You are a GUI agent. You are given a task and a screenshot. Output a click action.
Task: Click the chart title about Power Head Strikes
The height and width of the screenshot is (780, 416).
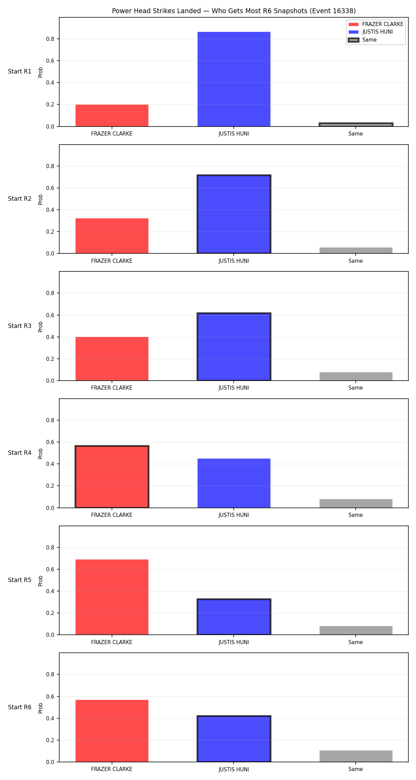point(234,11)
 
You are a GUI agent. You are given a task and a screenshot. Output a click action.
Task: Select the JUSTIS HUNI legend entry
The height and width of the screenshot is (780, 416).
point(371,32)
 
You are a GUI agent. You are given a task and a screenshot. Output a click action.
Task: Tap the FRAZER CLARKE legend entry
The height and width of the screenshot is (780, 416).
point(376,24)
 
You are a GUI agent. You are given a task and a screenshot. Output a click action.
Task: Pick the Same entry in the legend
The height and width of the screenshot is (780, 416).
point(362,40)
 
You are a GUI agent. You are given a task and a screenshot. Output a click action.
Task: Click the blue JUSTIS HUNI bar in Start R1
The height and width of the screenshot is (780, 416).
point(234,79)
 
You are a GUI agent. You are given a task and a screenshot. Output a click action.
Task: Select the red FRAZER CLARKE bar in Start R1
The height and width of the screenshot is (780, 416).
point(112,115)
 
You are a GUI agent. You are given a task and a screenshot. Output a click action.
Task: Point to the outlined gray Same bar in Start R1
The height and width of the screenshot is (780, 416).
point(356,125)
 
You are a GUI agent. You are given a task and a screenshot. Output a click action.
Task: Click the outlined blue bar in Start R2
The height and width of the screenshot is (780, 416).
point(234,214)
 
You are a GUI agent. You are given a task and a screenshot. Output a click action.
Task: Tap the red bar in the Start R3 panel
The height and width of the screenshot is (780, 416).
point(112,359)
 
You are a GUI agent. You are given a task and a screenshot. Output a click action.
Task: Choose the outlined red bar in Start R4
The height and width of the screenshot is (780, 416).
point(112,477)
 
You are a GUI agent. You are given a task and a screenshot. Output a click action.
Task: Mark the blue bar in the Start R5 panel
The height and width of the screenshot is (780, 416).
point(234,617)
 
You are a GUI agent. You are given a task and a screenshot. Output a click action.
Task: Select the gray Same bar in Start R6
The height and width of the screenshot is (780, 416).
point(356,756)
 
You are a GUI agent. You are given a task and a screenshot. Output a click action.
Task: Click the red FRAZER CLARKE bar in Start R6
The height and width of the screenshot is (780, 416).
point(112,731)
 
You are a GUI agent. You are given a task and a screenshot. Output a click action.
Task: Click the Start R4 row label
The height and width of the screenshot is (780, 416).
point(20,453)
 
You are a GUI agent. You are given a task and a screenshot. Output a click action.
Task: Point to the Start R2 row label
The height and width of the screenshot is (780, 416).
point(20,199)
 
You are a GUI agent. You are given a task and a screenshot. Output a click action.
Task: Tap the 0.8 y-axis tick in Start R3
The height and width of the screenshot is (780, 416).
point(50,293)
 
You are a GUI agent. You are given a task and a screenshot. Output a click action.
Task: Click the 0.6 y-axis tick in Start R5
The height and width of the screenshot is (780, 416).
point(50,569)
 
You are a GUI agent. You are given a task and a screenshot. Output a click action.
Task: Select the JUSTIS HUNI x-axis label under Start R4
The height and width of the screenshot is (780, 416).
point(234,515)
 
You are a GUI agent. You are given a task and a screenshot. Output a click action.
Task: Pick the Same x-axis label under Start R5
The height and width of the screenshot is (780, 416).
point(356,642)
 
